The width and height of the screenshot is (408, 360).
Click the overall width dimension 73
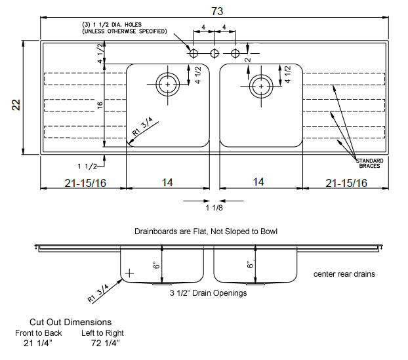point(217,11)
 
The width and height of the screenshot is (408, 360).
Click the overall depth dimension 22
point(16,105)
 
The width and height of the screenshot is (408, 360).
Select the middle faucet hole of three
point(214,54)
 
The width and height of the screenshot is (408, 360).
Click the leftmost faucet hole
point(194,54)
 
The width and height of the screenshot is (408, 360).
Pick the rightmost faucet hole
point(235,54)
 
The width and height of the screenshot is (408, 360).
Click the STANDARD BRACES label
point(369,163)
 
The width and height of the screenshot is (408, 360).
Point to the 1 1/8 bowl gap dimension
point(214,208)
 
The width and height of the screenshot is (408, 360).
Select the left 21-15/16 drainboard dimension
point(85,183)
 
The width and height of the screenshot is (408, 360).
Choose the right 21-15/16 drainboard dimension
point(346,183)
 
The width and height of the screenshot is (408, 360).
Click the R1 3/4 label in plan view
point(142,127)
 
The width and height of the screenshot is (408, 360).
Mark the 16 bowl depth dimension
point(100,105)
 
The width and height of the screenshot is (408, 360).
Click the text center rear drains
point(344,274)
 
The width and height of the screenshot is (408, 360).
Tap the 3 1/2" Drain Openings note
point(208,293)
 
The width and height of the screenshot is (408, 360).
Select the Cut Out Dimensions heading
point(71,322)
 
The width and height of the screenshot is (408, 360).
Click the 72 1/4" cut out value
point(106,343)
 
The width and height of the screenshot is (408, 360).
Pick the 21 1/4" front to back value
point(38,343)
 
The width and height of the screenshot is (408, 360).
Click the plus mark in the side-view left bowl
point(129,273)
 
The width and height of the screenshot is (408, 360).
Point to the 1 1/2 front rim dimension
point(87,166)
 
